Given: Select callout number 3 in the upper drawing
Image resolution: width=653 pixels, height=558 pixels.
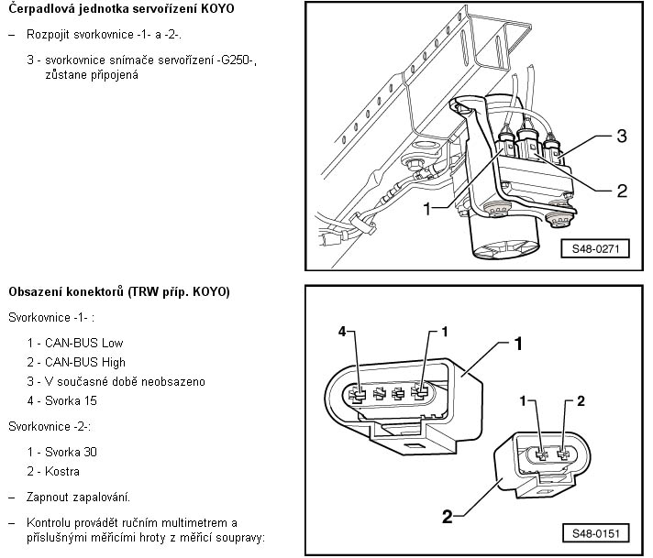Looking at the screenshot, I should (x=621, y=137).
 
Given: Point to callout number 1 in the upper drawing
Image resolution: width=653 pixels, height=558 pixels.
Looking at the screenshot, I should (x=427, y=210).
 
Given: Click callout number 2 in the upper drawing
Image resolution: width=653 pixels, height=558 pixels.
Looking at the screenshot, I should (x=621, y=191).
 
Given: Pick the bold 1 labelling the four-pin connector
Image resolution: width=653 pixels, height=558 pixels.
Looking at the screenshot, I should (x=519, y=345).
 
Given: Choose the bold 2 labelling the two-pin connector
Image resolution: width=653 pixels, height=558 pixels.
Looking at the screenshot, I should (x=448, y=516).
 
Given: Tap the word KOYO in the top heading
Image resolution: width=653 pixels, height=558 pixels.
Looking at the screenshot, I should (x=216, y=8).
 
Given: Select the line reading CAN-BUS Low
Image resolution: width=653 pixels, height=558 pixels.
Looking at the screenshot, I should (x=75, y=343).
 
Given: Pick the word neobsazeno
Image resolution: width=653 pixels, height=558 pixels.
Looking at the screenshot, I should (x=172, y=381).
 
